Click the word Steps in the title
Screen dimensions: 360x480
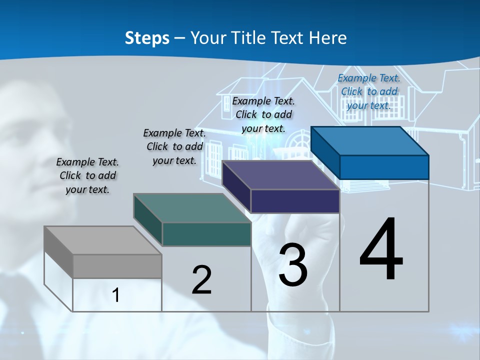coord(147,38)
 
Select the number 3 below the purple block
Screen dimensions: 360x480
coord(293,265)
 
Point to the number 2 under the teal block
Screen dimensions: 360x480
coord(201,280)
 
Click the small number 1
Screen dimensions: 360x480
coord(115,295)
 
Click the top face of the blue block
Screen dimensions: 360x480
coord(370,140)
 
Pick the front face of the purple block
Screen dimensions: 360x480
coord(295,201)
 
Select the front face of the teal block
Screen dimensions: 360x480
coord(206,234)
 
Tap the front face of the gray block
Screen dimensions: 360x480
coord(117,266)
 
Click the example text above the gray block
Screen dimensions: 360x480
coord(87,175)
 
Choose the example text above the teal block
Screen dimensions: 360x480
coord(174,146)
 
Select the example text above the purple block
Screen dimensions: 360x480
coord(263,114)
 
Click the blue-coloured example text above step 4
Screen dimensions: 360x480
coord(369,91)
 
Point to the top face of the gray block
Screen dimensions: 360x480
coord(102,240)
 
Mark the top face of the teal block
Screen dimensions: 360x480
coord(192,208)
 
